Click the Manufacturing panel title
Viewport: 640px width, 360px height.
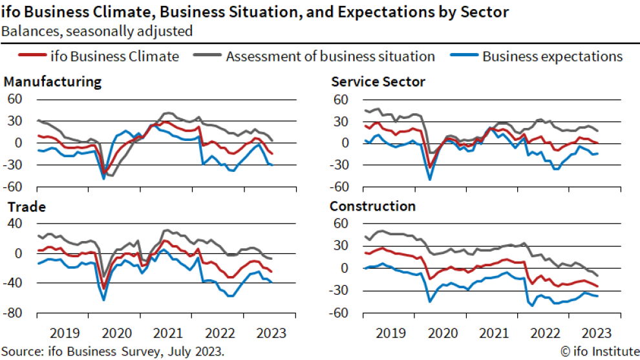click(52, 82)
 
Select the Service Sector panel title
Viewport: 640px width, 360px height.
click(378, 82)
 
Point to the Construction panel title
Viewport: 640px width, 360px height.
click(372, 207)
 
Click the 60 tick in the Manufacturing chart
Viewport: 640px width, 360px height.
click(15, 99)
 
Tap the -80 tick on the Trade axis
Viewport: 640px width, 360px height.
click(15, 313)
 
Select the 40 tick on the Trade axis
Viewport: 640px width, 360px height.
click(15, 224)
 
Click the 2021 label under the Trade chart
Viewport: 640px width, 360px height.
click(168, 334)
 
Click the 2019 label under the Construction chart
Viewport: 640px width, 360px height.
click(389, 334)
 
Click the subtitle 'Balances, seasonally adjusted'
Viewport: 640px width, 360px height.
click(97, 30)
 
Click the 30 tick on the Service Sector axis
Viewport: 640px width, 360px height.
click(341, 121)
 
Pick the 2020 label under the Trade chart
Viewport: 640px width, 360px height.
click(116, 334)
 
